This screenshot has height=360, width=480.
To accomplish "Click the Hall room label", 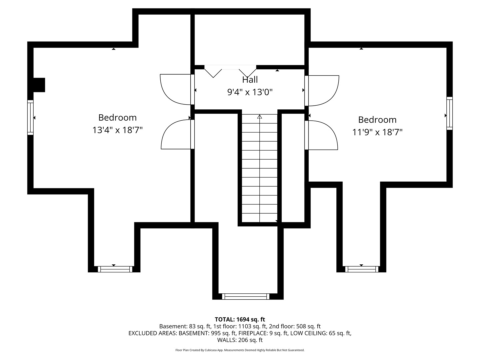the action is tap(250, 80).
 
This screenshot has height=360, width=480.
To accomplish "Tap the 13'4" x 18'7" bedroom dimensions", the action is tap(117, 130).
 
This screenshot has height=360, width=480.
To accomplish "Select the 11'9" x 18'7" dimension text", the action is tap(377, 132).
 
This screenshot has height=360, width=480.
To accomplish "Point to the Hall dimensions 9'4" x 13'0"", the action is tap(250, 92).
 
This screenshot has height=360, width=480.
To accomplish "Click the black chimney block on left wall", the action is tap(39, 85).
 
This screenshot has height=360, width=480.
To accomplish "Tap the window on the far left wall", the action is tap(30, 118).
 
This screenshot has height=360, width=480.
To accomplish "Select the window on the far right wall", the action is tap(449, 113).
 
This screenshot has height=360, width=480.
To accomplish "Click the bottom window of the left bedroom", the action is tap(115, 269).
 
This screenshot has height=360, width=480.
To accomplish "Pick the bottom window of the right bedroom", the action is tap(362, 269).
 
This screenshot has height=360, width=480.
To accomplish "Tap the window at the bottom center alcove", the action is tap(246, 296).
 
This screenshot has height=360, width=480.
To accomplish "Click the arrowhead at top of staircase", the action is tap(260, 117).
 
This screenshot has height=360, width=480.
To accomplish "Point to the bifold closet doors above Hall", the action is tap(230, 71).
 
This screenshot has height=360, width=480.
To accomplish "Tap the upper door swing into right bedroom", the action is tap(322, 91).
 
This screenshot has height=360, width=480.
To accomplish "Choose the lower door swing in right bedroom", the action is tap(321, 135).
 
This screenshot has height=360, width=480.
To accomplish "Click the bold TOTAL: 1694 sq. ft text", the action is tap(240, 319).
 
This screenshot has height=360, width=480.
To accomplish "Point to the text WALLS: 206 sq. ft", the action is tap(240, 340).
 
